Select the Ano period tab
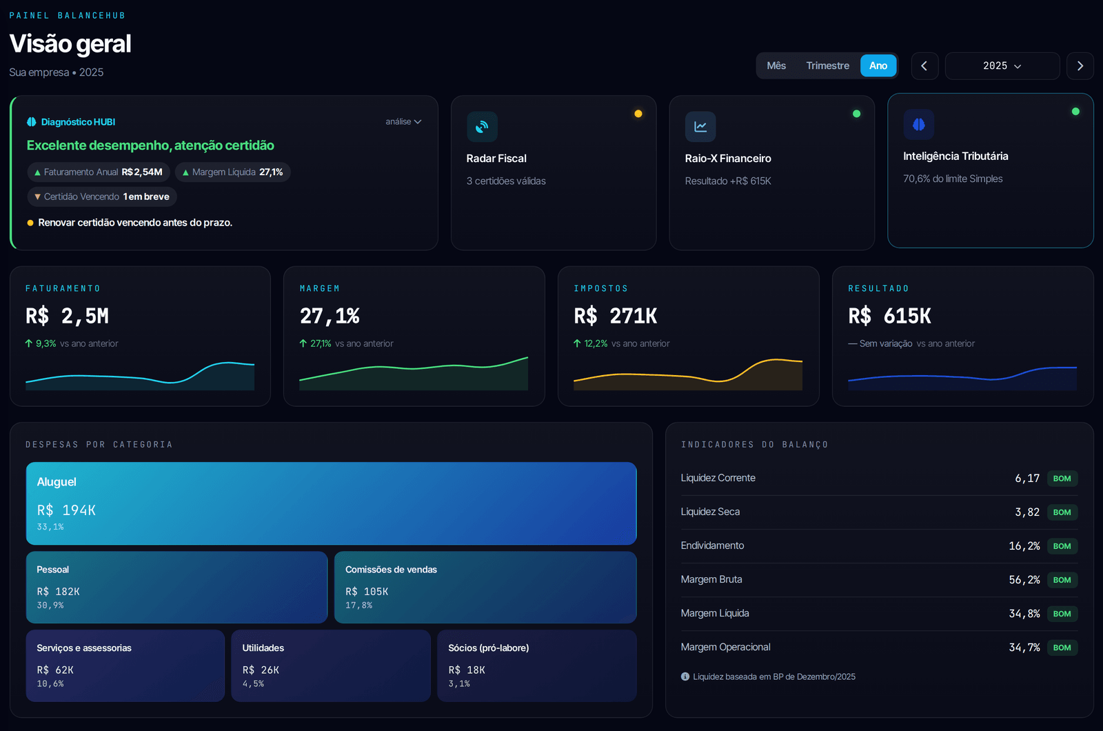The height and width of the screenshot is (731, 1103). coord(878,66)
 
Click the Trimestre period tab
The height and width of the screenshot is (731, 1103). coord(827,66)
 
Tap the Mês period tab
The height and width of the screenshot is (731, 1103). coord(776,66)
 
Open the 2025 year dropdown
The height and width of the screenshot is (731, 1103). coord(1002,66)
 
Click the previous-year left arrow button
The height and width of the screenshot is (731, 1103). coord(924,66)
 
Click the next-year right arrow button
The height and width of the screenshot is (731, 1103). coord(1080,66)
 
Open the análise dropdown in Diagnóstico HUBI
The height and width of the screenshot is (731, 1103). coord(403,121)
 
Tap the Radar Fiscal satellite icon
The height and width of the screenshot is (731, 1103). coord(482,127)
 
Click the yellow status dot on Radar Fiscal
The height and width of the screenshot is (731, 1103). coord(638,114)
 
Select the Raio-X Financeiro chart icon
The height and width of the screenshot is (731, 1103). coord(700,127)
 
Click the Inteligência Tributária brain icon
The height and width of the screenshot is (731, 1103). coord(918,124)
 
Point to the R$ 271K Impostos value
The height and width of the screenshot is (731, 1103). coord(616,316)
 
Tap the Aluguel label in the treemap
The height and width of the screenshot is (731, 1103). coord(57,482)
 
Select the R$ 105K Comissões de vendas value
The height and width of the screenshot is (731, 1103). coord(367,591)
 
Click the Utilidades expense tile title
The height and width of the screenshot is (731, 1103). coord(263,648)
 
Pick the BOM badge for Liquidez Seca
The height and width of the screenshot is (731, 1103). coord(1062,512)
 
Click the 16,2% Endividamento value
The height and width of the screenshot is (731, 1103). coord(1024,545)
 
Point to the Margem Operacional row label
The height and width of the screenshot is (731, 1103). coord(725,648)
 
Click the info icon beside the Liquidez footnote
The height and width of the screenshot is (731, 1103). coord(685,677)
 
